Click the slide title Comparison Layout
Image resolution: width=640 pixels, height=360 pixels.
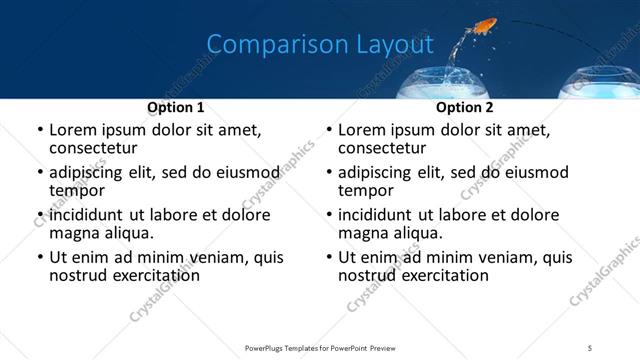pyautogui.click(x=320, y=45)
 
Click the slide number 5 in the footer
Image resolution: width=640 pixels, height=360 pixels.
pyautogui.click(x=590, y=347)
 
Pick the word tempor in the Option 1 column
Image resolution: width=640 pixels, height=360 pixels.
pyautogui.click(x=76, y=191)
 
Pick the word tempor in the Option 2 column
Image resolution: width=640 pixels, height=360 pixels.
pyautogui.click(x=365, y=191)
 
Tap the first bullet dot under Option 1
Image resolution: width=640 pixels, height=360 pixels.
pyautogui.click(x=39, y=131)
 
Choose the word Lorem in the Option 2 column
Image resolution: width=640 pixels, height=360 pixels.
pyautogui.click(x=361, y=130)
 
